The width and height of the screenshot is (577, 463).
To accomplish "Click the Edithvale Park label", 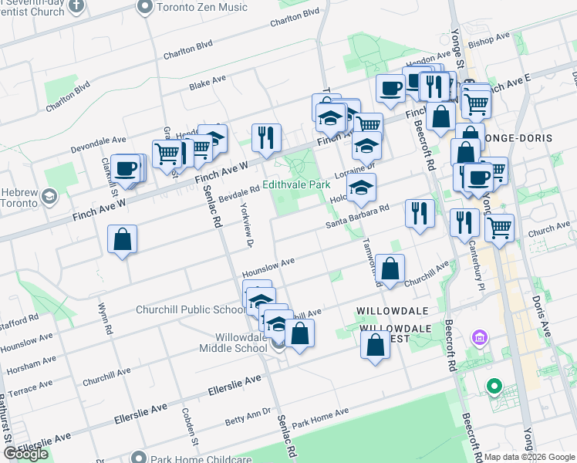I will point(296,185).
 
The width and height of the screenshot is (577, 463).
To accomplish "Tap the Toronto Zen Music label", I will point(202,7).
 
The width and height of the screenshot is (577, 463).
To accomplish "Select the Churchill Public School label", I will point(191,310).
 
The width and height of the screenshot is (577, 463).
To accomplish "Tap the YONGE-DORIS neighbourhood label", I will point(520,137).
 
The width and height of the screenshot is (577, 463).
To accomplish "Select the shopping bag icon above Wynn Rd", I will point(123,239).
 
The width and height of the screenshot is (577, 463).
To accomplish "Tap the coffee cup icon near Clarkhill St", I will point(125,167).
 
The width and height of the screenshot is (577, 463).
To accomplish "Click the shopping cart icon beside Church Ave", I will point(500,228).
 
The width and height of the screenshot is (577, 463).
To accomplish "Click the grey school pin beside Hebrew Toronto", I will point(50,197).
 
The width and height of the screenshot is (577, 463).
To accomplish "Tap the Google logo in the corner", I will point(25,455).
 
